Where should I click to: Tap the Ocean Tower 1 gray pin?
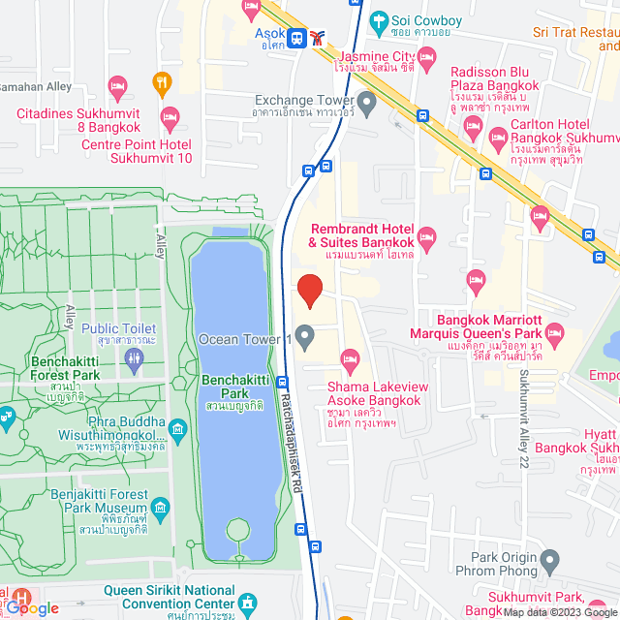[x=305, y=339]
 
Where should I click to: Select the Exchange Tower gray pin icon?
[x=366, y=101]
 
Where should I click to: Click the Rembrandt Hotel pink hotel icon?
[x=427, y=235]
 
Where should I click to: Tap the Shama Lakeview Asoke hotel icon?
[x=351, y=360]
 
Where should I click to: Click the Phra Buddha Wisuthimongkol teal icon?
[x=177, y=428]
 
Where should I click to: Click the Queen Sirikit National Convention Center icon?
[x=248, y=602]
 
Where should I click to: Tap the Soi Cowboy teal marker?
[x=378, y=18]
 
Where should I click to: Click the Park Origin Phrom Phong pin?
[x=549, y=559]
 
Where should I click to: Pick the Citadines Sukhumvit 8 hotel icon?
[x=118, y=88]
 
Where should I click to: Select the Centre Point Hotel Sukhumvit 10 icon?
[x=170, y=118]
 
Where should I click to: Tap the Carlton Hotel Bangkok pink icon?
[x=499, y=137]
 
